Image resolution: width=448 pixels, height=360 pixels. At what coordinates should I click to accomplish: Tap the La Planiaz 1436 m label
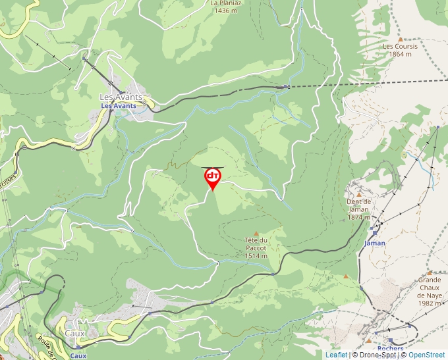pyautogui.click(x=225, y=7)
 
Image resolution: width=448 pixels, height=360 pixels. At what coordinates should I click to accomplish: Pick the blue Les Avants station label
pyautogui.click(x=118, y=105)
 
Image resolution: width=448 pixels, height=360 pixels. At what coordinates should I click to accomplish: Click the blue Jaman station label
pyautogui.click(x=374, y=243)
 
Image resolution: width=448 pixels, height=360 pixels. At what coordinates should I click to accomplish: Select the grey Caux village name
pyautogui.click(x=74, y=334)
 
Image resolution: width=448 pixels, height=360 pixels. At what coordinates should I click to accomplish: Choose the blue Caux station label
pyautogui.click(x=78, y=355)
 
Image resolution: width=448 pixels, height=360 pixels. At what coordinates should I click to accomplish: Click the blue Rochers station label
pyautogui.click(x=391, y=349)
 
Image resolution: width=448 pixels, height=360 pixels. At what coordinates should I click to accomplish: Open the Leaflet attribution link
pyautogui.click(x=336, y=355)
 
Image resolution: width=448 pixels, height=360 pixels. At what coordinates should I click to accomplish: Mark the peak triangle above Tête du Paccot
pyautogui.click(x=256, y=234)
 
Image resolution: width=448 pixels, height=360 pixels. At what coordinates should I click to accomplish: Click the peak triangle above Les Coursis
pyautogui.click(x=399, y=39)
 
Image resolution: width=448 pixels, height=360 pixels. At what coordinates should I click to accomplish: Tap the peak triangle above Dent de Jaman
pyautogui.click(x=359, y=195)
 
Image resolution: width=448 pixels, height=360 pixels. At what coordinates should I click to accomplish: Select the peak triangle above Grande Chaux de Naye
pyautogui.click(x=429, y=272)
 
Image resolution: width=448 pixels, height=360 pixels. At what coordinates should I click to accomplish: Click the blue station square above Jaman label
pyautogui.click(x=374, y=232)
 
